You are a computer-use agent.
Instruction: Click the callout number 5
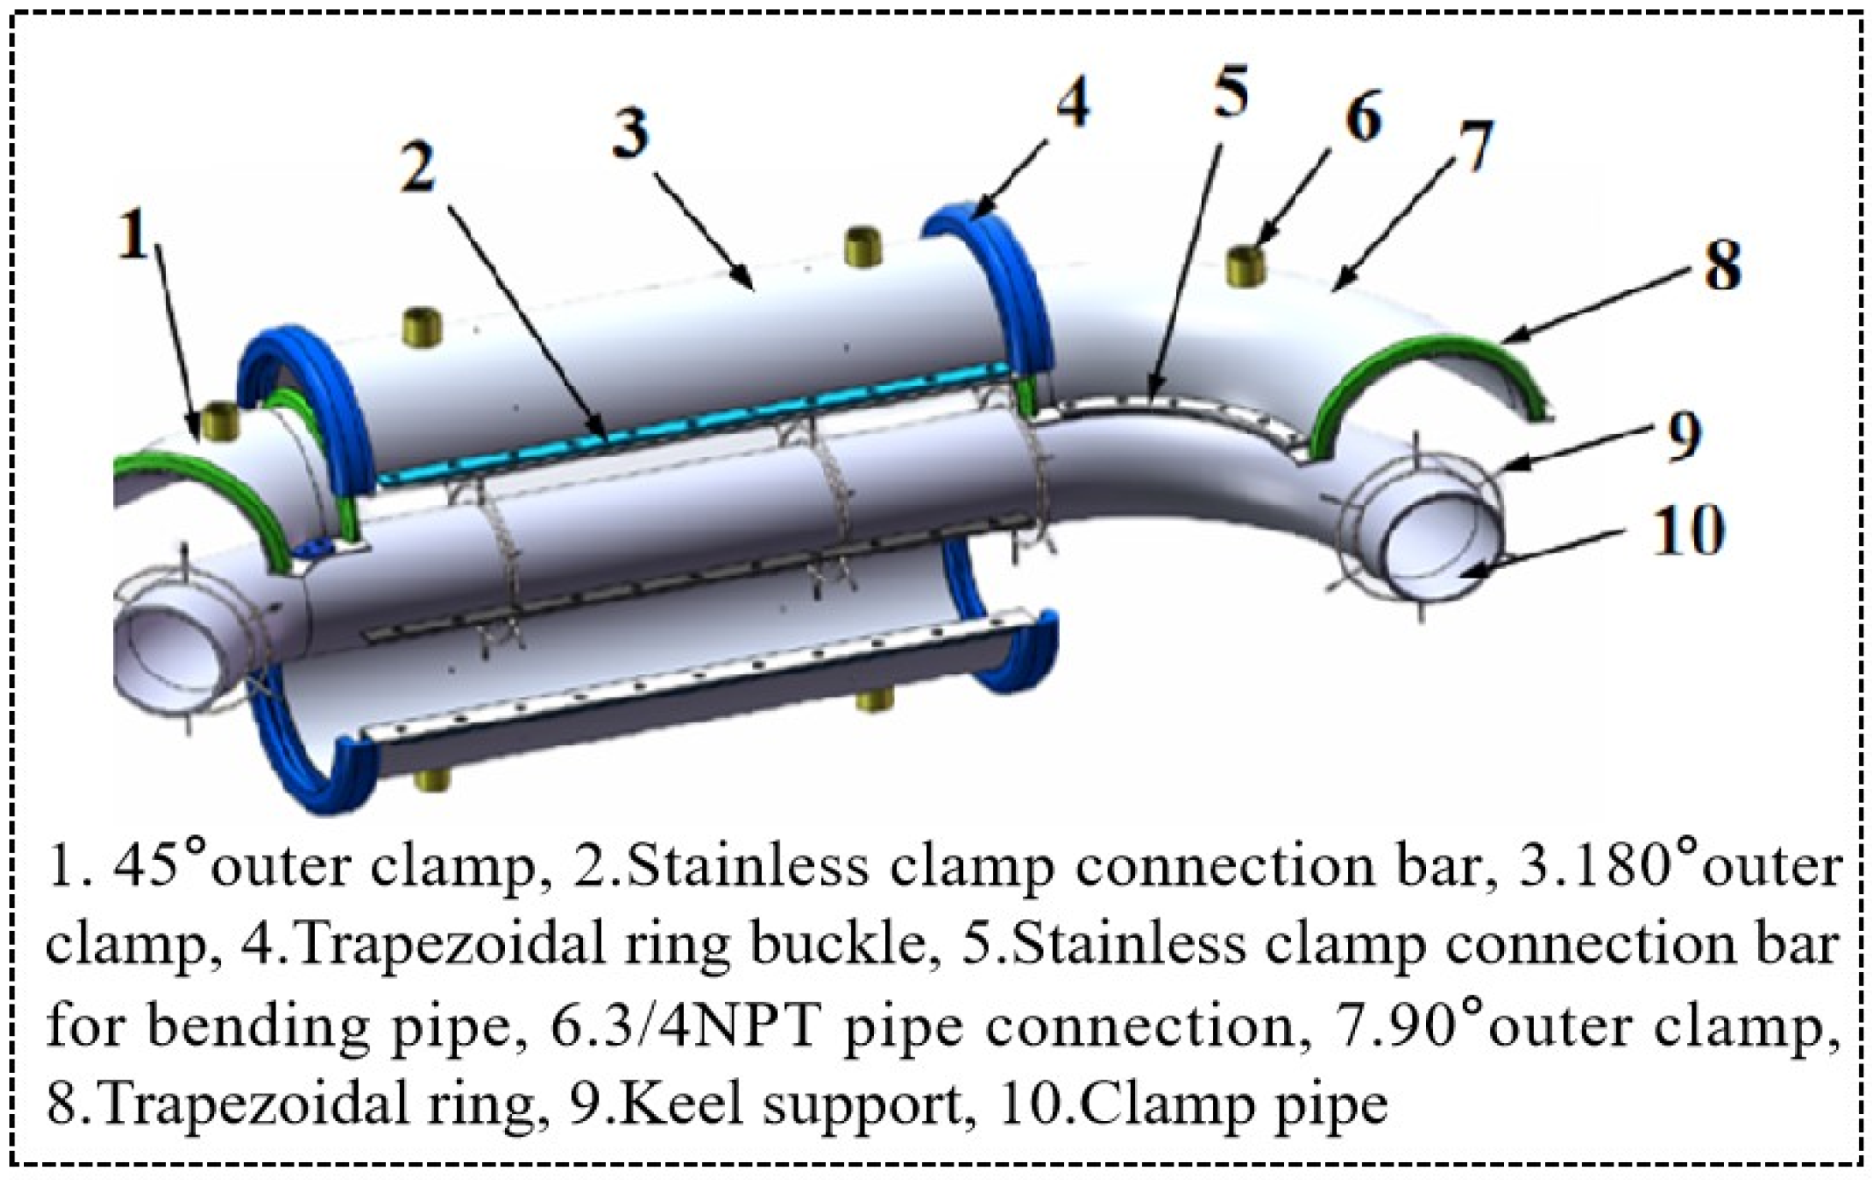click(1230, 92)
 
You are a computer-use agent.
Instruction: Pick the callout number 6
click(1362, 117)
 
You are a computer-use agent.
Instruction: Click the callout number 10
click(1685, 531)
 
